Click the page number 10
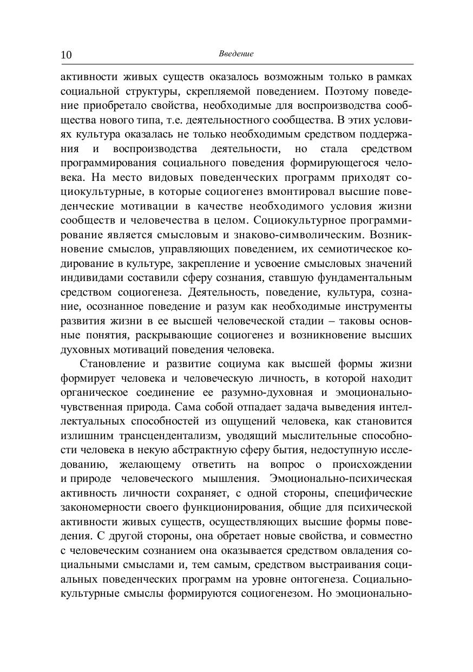point(66,55)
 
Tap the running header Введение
point(236,54)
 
